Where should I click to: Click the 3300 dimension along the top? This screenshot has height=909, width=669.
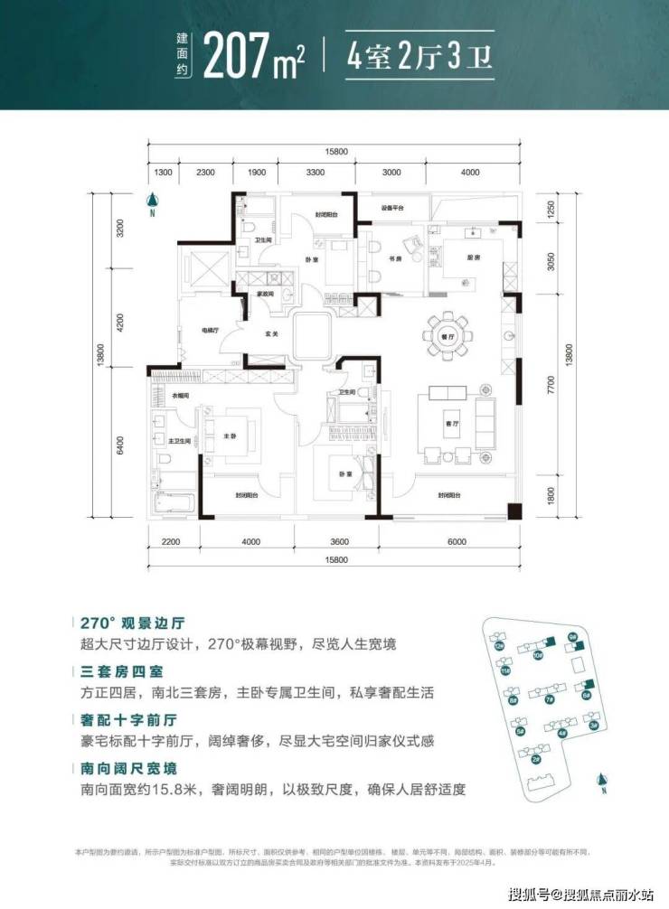pyautogui.click(x=316, y=173)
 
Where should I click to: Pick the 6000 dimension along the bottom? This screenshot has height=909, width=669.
pyautogui.click(x=456, y=542)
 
